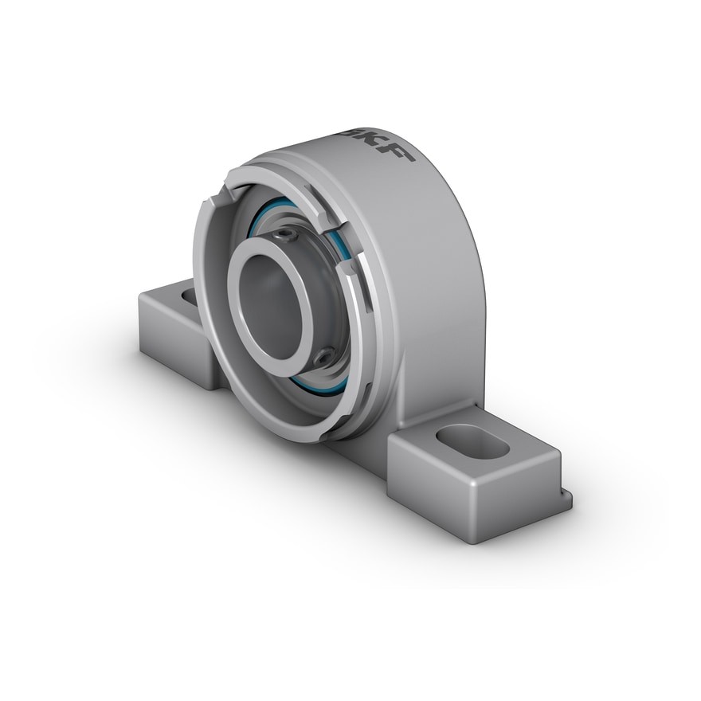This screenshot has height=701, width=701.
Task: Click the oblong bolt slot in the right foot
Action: tap(472, 441)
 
